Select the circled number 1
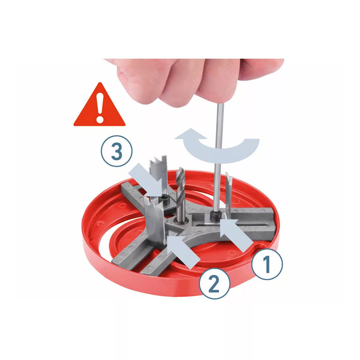[x=267, y=264]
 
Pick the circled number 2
[x=214, y=283]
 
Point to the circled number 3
[x=117, y=151]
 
